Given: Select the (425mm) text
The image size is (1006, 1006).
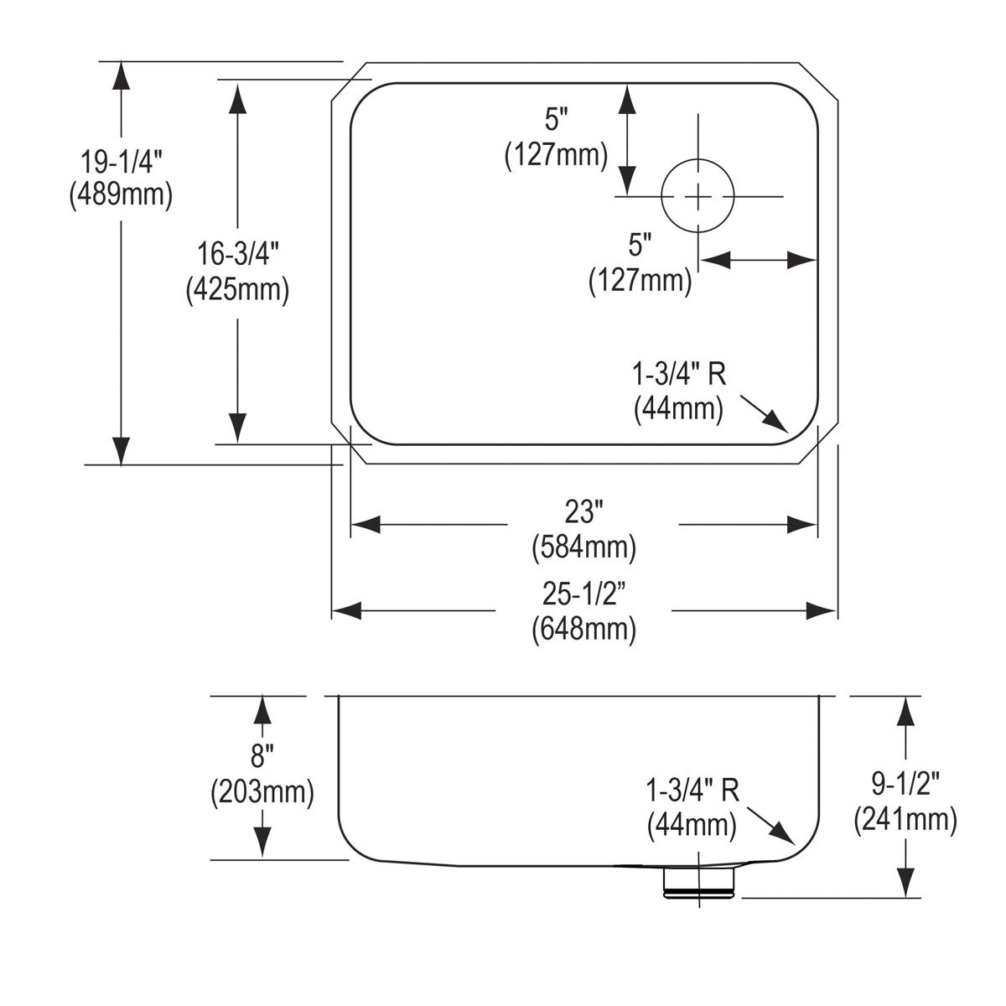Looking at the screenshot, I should (x=237, y=289).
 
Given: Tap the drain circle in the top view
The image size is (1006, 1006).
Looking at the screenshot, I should (x=698, y=196).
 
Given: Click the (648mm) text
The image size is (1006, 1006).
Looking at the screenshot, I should (x=584, y=629).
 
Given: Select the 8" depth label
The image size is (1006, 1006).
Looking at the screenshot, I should (x=262, y=757).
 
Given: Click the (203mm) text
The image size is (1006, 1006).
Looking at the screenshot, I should (x=262, y=791).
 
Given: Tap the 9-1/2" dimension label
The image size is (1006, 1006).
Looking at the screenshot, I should (x=905, y=785).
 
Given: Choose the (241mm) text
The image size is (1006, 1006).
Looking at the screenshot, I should (x=905, y=819).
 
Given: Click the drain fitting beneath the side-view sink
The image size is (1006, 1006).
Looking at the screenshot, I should (x=698, y=882).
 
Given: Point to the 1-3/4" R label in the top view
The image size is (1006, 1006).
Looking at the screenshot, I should (x=679, y=375).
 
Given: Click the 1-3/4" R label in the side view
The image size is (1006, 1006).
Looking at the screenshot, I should (x=692, y=791).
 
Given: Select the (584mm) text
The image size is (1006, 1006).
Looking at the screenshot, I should (x=584, y=547).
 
